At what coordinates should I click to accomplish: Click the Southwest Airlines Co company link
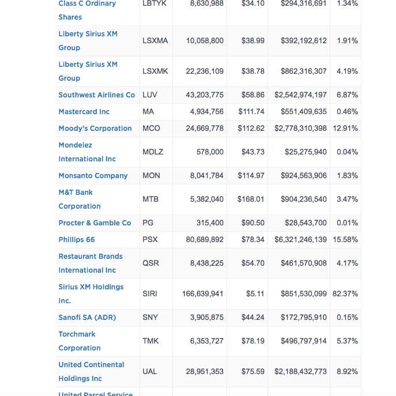pyautogui.click(x=97, y=95)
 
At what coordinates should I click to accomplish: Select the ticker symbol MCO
pyautogui.click(x=151, y=129)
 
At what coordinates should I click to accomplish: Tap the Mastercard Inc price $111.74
pyautogui.click(x=251, y=112)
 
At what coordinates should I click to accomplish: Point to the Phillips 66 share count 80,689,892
pyautogui.click(x=205, y=239)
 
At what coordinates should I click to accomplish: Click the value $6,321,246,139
pyautogui.click(x=300, y=239)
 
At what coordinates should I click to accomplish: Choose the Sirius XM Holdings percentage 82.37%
pyautogui.click(x=345, y=294)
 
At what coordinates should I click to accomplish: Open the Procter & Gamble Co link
pyautogui.click(x=95, y=223)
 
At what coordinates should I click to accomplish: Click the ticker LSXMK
pyautogui.click(x=155, y=71)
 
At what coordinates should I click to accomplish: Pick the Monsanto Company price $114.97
pyautogui.click(x=251, y=176)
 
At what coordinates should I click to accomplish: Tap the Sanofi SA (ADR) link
pyautogui.click(x=87, y=318)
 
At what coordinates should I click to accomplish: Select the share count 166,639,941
pyautogui.click(x=202, y=294)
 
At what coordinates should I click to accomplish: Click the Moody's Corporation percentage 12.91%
pyautogui.click(x=345, y=129)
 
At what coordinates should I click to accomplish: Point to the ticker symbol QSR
pyautogui.click(x=151, y=263)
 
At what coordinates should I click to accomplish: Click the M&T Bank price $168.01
pyautogui.click(x=251, y=199)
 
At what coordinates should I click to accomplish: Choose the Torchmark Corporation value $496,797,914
pyautogui.click(x=304, y=341)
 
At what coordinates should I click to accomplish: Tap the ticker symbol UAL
pyautogui.click(x=150, y=372)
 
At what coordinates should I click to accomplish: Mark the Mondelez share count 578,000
pyautogui.click(x=210, y=152)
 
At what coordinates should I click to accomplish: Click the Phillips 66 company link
pyautogui.click(x=77, y=240)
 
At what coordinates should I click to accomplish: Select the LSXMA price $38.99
pyautogui.click(x=253, y=41)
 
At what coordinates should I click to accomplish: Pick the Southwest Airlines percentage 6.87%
pyautogui.click(x=347, y=95)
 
